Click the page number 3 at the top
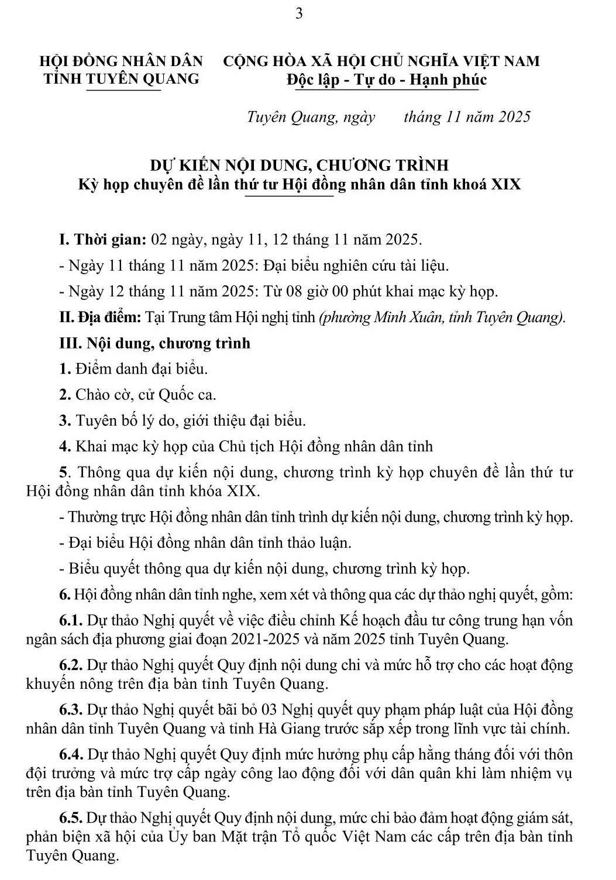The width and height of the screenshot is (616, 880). click(300, 13)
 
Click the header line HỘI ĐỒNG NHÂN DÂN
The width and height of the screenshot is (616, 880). click(121, 61)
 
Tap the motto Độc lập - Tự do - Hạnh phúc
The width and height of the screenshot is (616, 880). click(383, 80)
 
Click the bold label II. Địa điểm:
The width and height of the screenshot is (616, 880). click(101, 318)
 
